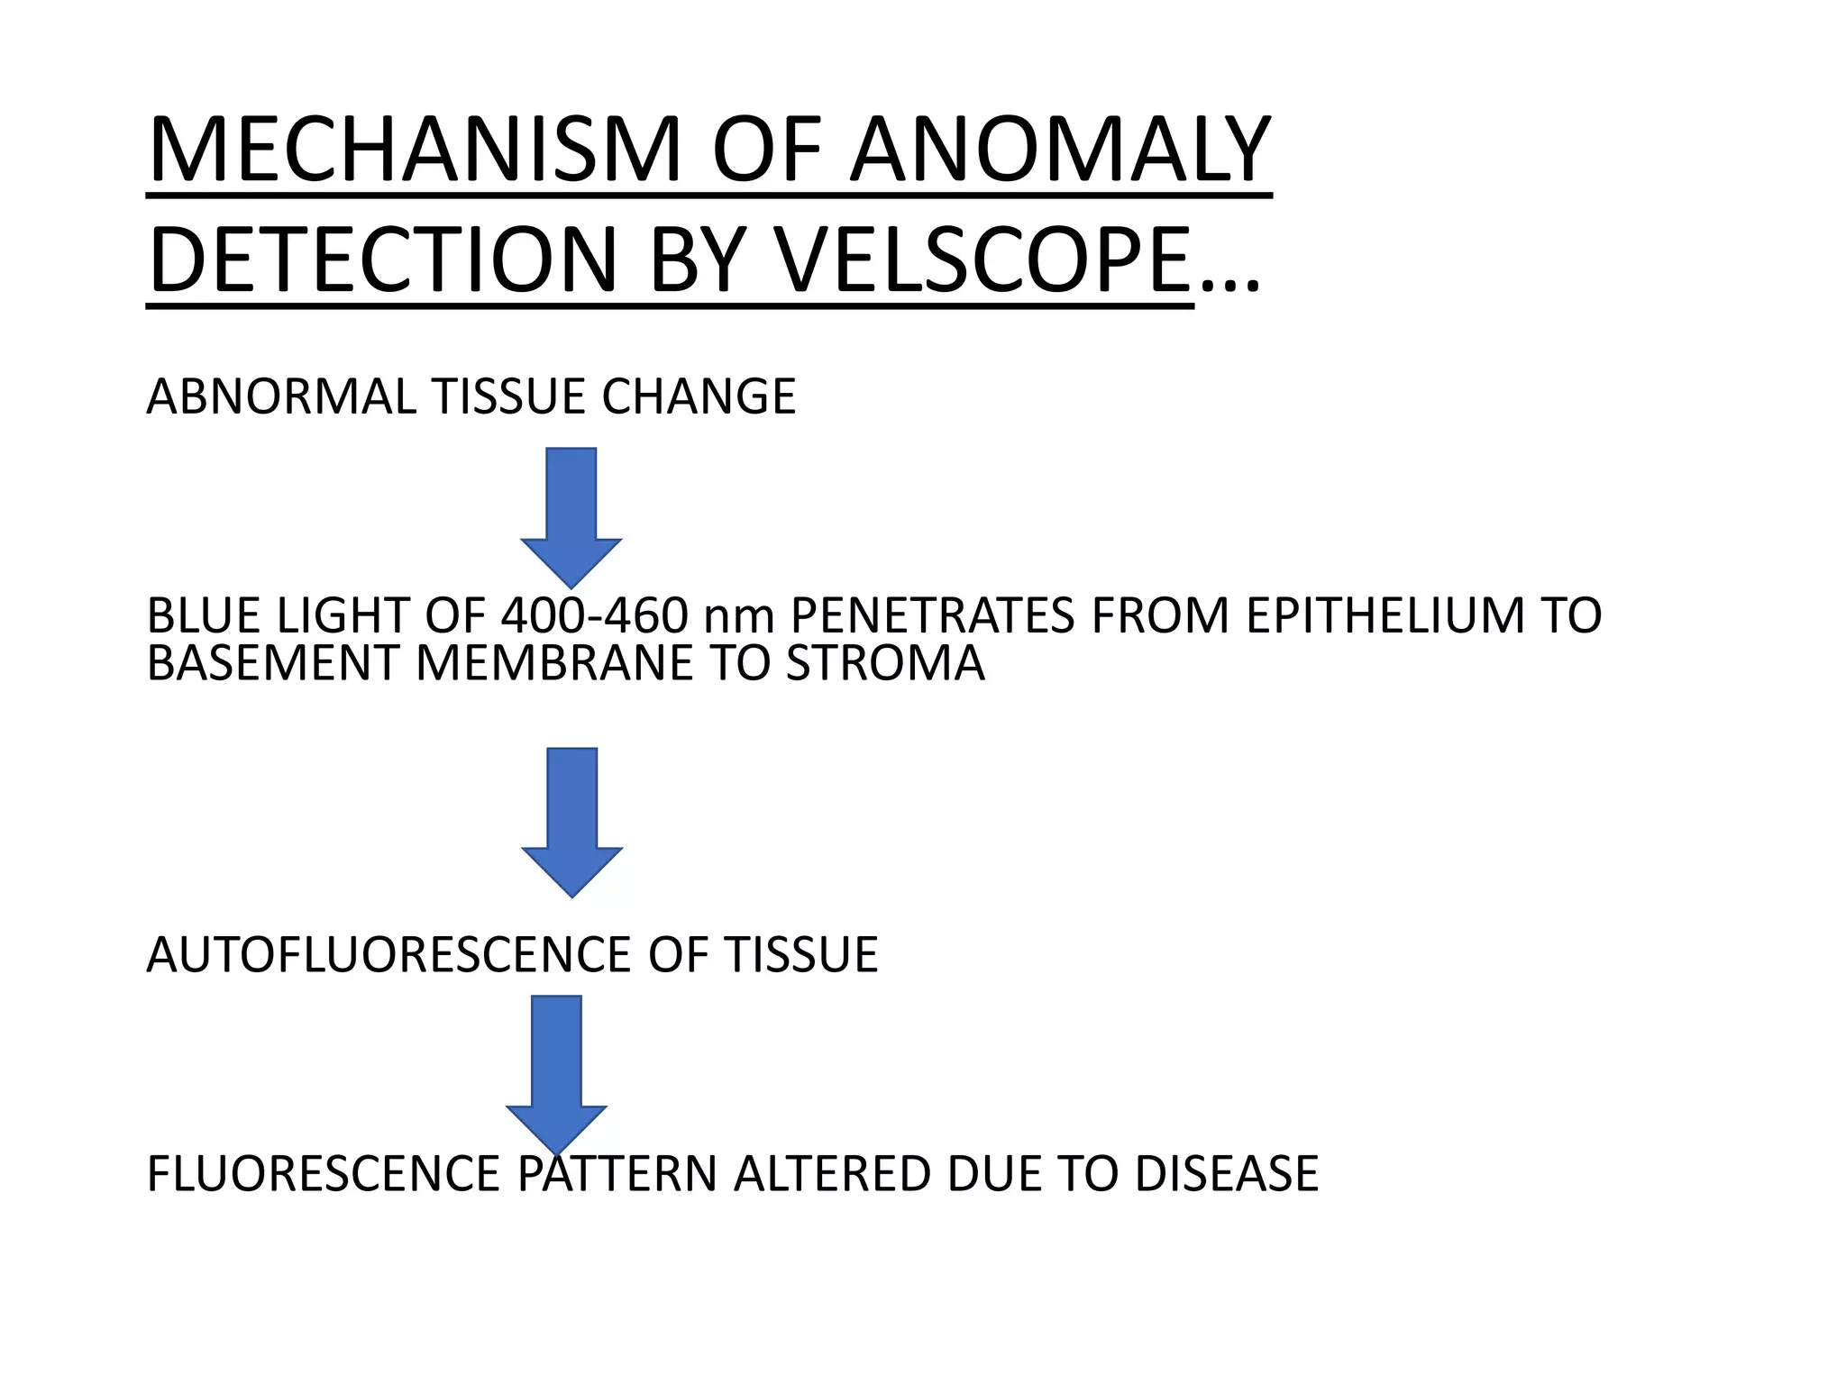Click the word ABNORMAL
280,396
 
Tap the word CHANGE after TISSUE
699,396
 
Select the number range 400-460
594,616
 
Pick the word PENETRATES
932,616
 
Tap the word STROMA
885,663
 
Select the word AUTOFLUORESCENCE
388,955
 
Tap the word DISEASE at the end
1227,1174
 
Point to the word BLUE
204,616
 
